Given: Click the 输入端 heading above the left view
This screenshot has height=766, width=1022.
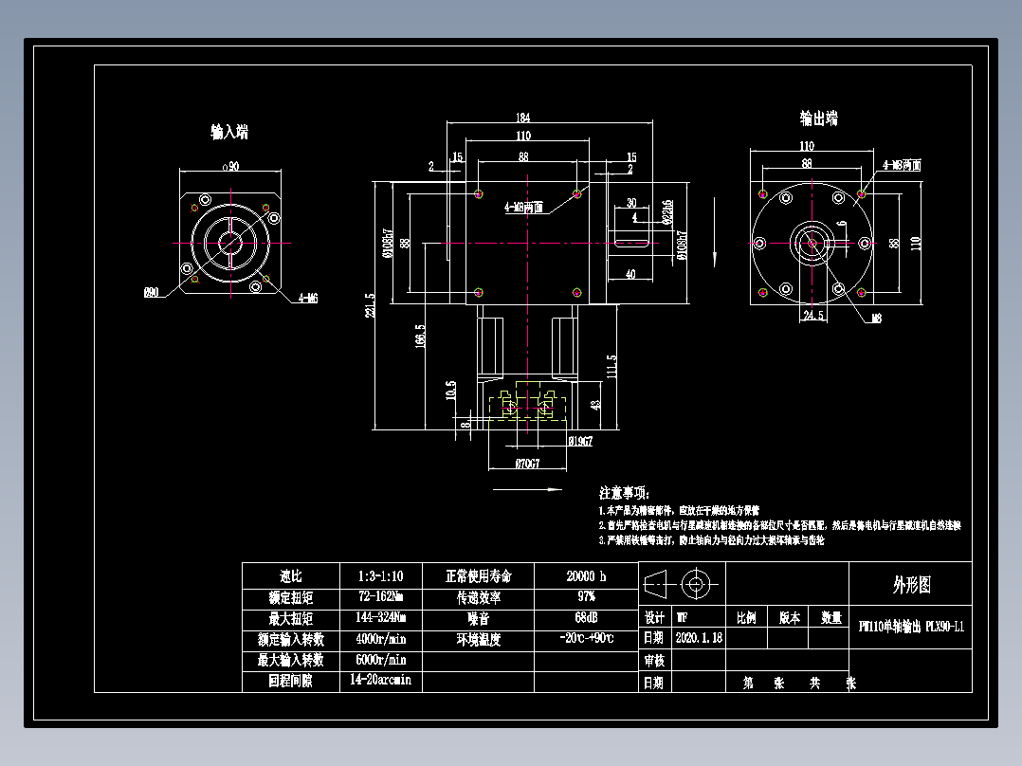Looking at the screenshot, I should pos(229,132).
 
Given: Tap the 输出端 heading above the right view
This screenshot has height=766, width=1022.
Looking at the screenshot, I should pos(818,119).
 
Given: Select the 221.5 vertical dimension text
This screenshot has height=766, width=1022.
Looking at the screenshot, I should pos(371,306).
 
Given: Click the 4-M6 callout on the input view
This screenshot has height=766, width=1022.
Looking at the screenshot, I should pos(308,297).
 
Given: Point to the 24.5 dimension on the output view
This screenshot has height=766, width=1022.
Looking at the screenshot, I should pos(813,315).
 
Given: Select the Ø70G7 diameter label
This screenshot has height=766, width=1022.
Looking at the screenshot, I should pos(527,465).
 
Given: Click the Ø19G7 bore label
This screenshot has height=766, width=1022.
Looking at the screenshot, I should pos(580,441).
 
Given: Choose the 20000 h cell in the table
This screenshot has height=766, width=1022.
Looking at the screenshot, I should pos(586,576).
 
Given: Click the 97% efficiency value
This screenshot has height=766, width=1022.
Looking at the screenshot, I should pos(586,597).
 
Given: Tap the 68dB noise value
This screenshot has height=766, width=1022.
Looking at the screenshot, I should pos(586,618).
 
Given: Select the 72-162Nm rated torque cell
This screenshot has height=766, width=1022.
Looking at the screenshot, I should pos(380,597).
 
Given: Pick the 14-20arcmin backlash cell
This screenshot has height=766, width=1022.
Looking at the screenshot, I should pos(380,681).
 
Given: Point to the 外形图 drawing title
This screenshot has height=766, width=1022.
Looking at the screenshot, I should pos(911,585).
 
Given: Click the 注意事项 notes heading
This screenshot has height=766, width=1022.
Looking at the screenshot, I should pos(624,493).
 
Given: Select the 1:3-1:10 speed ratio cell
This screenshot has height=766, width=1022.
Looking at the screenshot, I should pos(380,576).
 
